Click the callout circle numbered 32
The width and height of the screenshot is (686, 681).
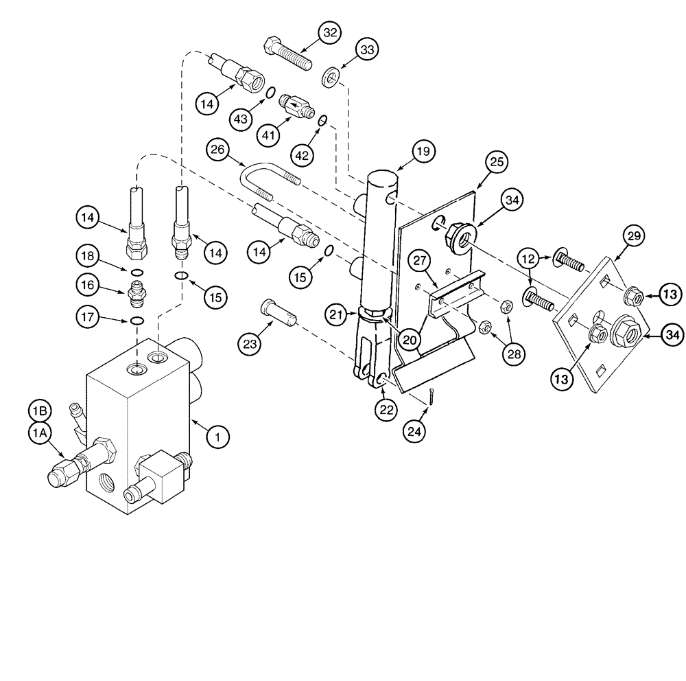click(331, 33)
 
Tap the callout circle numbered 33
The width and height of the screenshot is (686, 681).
click(368, 51)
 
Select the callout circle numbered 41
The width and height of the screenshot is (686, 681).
click(268, 135)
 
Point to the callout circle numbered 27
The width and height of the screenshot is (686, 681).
click(421, 261)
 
